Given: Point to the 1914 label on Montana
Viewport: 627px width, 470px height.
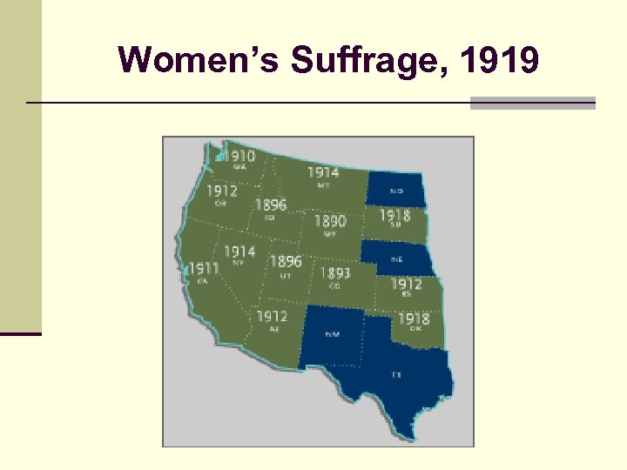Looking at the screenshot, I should click(x=323, y=172).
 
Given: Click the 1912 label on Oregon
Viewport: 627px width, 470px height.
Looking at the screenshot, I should click(x=221, y=191).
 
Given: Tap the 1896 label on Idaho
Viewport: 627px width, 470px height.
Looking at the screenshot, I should click(x=270, y=206).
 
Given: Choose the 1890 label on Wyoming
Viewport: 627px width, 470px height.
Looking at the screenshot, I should click(x=330, y=222).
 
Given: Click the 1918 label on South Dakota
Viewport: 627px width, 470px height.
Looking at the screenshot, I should click(x=394, y=215).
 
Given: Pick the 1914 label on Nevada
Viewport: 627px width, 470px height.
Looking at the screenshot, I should click(x=239, y=252).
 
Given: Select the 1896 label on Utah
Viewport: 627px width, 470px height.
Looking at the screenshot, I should click(x=286, y=261).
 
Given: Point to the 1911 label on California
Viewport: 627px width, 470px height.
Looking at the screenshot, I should click(x=203, y=268).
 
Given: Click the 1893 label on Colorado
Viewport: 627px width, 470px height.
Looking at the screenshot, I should click(x=335, y=273).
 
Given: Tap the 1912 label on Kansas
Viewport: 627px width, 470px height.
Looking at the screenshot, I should click(x=406, y=284).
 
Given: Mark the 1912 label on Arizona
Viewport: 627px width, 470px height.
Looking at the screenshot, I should click(x=273, y=316).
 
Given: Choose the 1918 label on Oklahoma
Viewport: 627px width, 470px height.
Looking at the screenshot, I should click(x=415, y=319).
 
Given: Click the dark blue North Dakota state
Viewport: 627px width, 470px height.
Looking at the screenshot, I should click(x=396, y=190).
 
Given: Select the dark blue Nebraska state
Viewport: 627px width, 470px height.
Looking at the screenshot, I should click(x=396, y=258).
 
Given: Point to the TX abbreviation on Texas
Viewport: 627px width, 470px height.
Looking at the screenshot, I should click(x=397, y=374).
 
